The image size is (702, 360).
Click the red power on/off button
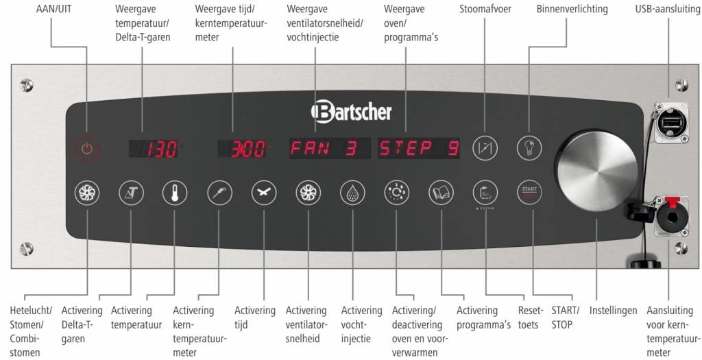[x=86, y=147]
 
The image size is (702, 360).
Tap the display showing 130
[x=155, y=148]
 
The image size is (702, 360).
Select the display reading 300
[x=243, y=148]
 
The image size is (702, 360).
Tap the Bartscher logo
[x=351, y=111]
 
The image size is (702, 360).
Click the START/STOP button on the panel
[x=529, y=193]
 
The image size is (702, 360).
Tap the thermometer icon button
[x=174, y=193]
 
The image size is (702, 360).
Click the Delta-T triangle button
[x=130, y=193]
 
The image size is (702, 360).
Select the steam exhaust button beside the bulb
[x=484, y=147]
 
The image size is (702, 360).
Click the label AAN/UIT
[x=53, y=9]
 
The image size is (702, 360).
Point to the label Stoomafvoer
[x=486, y=9]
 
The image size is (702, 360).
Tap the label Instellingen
[x=613, y=310]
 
